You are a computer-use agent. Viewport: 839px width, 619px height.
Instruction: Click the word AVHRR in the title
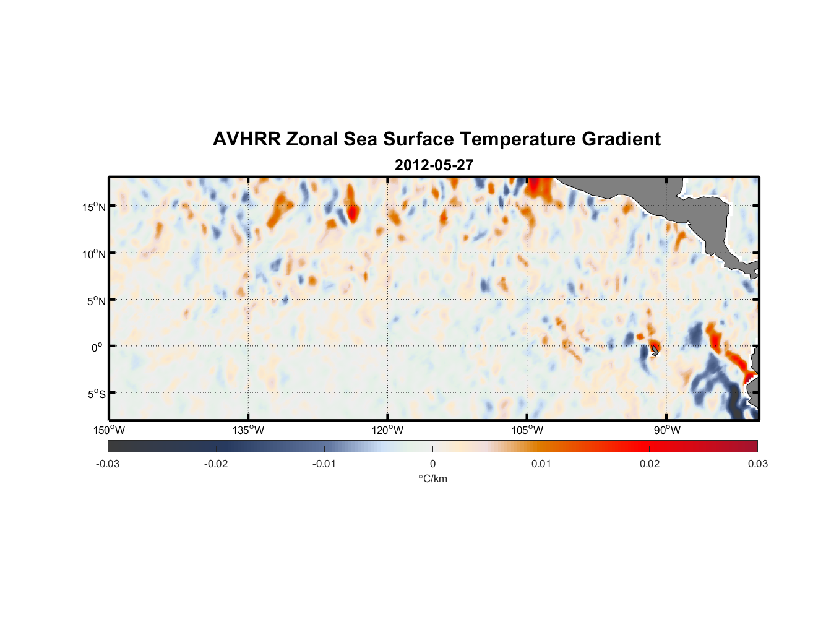pos(246,139)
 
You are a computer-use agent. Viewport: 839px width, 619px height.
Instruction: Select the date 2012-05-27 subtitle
pos(434,165)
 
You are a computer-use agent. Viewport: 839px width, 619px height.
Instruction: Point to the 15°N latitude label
pos(94,207)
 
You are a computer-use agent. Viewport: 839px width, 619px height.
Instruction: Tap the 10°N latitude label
pos(94,254)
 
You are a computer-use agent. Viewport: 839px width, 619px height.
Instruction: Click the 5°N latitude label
pos(96,301)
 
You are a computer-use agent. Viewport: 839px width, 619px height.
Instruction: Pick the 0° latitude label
pos(97,347)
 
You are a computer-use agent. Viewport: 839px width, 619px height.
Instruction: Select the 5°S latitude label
pos(96,394)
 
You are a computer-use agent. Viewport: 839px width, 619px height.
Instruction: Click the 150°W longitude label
pos(109,430)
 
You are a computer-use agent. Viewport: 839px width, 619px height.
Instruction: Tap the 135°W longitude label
pos(248,430)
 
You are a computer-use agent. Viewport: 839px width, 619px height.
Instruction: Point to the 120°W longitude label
pos(387,430)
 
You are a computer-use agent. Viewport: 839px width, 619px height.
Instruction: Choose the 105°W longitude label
pos(527,430)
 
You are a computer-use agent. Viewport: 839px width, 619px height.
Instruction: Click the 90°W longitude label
pos(667,430)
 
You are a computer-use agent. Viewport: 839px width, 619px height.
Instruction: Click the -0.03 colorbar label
pos(108,464)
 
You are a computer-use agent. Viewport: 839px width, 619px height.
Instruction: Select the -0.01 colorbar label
pos(324,464)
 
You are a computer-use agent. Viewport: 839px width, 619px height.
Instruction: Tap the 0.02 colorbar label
pos(650,464)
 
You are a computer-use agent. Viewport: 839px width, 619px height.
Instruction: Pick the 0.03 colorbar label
pos(757,464)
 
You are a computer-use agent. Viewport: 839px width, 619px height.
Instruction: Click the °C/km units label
pos(432,478)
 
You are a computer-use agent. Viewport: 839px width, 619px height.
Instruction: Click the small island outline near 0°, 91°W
pos(655,350)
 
